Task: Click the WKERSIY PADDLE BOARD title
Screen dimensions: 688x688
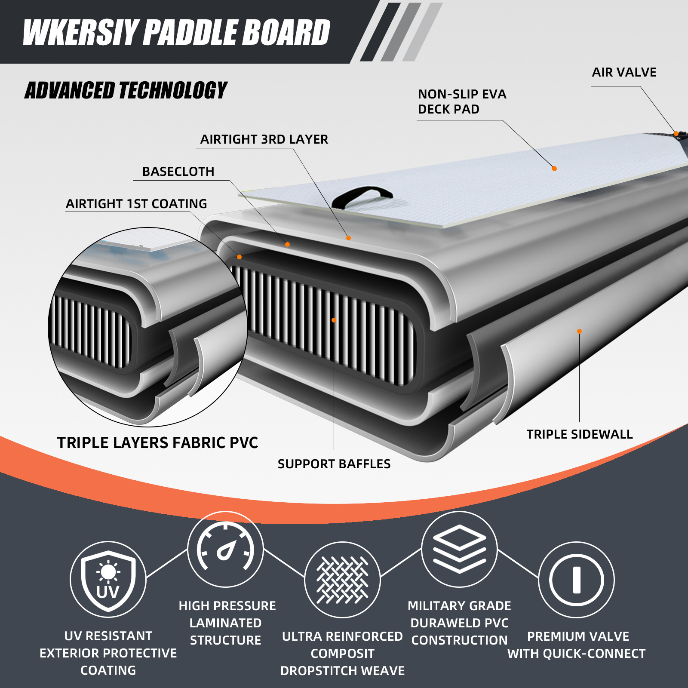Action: (176, 32)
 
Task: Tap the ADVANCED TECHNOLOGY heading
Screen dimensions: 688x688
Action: (126, 90)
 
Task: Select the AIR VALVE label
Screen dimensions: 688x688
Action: (624, 72)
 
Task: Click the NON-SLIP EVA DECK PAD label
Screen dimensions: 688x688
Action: (462, 101)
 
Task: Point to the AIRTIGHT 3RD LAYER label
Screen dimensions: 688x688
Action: (264, 139)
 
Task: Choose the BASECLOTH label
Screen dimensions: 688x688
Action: (178, 172)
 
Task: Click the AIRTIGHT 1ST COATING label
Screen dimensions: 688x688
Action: (136, 204)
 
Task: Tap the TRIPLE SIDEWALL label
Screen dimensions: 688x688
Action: (580, 434)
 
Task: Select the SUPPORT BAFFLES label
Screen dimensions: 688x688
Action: (334, 464)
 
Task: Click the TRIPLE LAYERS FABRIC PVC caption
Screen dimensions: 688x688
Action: (157, 443)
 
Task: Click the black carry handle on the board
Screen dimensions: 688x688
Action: (362, 196)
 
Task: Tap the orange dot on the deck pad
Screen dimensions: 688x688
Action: (554, 169)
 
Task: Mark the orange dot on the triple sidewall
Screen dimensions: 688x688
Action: (579, 331)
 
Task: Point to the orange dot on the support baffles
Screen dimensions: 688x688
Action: (334, 320)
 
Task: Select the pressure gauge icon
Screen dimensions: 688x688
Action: (225, 549)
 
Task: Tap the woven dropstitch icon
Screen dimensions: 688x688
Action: (342, 580)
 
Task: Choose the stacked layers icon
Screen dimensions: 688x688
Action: (459, 549)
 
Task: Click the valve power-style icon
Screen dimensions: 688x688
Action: (577, 580)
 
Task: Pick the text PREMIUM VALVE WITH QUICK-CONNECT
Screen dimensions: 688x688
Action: (577, 645)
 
